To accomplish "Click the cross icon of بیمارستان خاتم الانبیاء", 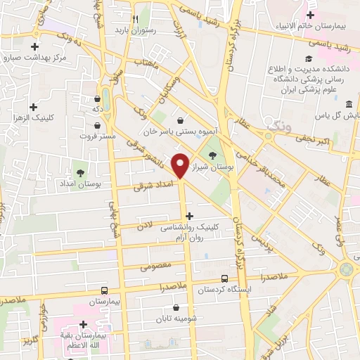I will click(310, 14).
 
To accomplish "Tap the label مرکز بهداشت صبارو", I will click(41, 58).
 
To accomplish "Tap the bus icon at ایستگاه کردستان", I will click(224, 278).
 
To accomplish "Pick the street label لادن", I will click(144, 224).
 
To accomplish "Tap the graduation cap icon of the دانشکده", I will click(307, 59).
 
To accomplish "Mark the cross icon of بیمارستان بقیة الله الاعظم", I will click(84, 324).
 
